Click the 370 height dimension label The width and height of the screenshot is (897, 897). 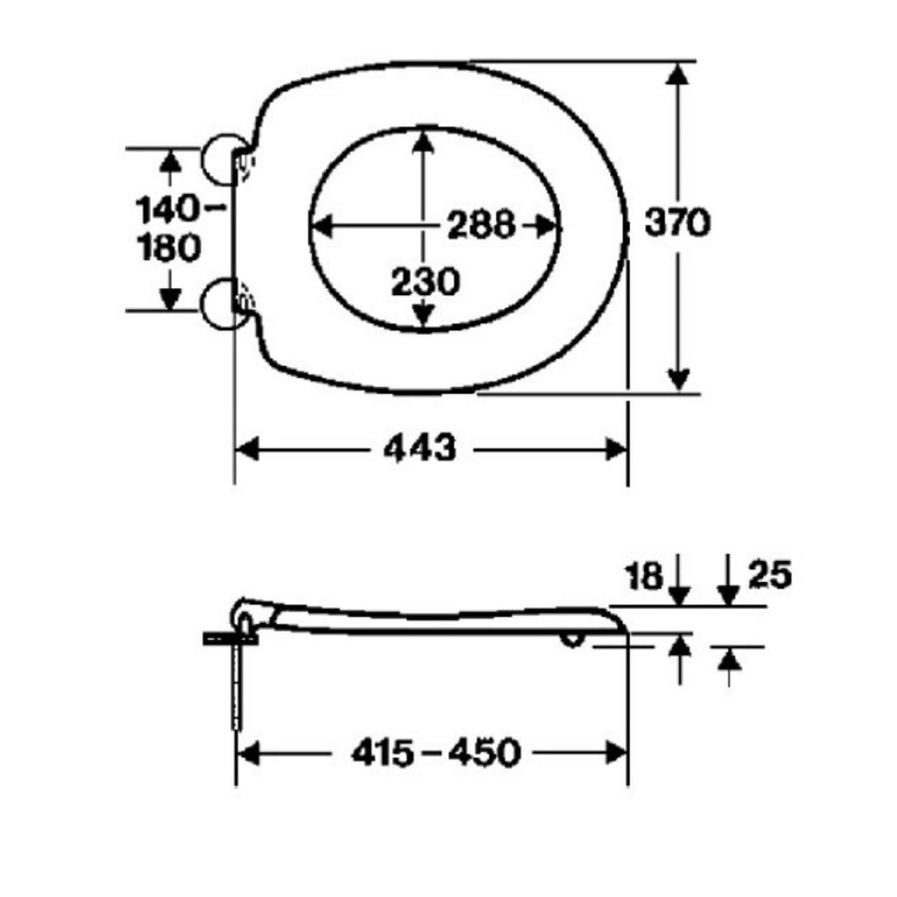[x=678, y=222]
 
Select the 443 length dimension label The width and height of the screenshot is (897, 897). [x=420, y=448]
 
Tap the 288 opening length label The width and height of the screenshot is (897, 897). [x=481, y=224]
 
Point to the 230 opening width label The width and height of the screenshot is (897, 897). [x=425, y=282]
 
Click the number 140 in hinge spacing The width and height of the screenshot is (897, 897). [x=165, y=209]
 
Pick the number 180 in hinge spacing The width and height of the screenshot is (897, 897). [x=169, y=248]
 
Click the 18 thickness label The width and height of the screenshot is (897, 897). [x=644, y=576]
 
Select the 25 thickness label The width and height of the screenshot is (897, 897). [x=770, y=574]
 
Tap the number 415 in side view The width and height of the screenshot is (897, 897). [x=383, y=752]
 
